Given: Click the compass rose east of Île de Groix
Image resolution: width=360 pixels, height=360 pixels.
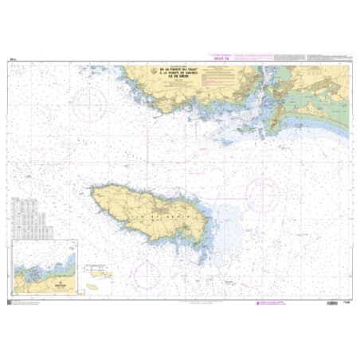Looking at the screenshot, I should [x=264, y=192].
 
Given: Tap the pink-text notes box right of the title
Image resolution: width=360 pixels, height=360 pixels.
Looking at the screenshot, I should [x=219, y=76].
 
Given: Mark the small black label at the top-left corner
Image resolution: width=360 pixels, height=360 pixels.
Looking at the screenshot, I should [x=13, y=59].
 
